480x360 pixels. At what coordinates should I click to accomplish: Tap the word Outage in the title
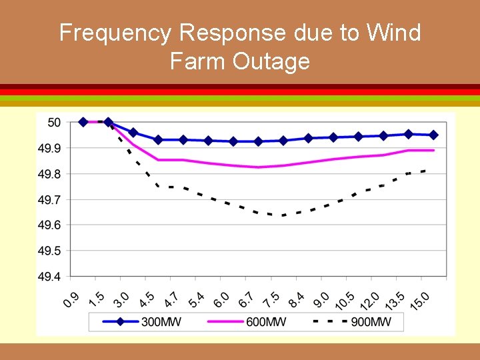pos(273,61)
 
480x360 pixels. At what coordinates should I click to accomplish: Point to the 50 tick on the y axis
pos(54,122)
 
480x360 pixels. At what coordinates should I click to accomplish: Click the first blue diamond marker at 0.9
pos(83,122)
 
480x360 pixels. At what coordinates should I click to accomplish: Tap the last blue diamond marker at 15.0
pos(433,135)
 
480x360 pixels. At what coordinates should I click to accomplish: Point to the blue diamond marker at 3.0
pos(133,133)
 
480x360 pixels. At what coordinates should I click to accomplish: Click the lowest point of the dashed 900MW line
pos(283,215)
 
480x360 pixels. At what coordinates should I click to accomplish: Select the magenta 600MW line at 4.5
pos(159,159)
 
